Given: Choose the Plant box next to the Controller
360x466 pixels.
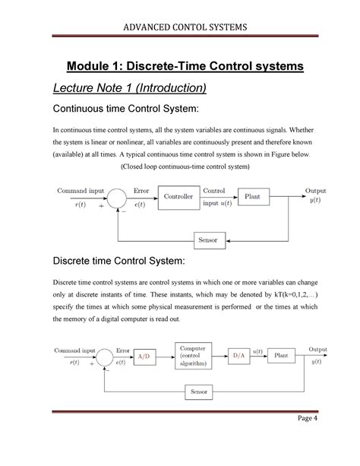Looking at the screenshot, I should (254, 197).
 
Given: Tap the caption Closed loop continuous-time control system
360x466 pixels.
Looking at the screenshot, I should (185, 166).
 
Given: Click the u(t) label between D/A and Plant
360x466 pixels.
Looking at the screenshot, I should (257, 350).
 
